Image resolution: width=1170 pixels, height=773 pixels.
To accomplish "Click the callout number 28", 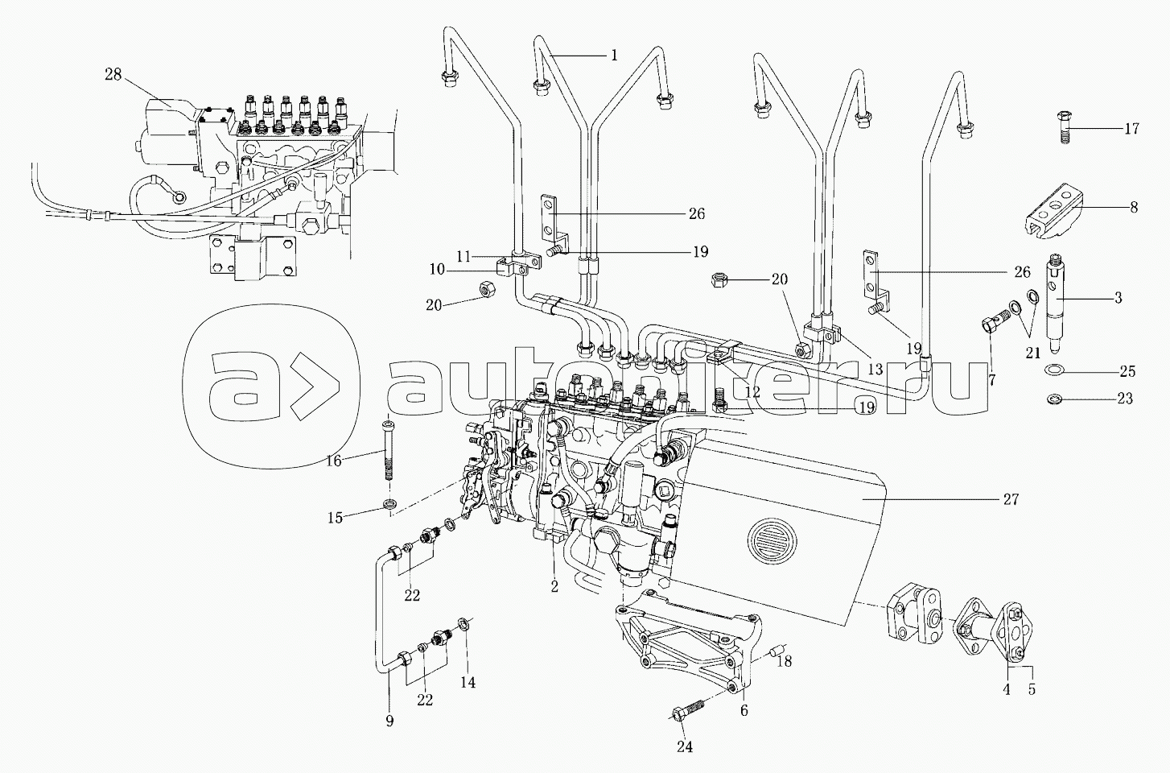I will pos(113,75).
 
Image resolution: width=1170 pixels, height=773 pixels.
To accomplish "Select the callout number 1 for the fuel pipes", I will pos(614,56).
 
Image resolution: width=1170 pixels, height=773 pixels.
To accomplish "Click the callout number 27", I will pos(1011,500).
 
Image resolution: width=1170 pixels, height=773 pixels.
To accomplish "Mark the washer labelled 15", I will pos(390,505).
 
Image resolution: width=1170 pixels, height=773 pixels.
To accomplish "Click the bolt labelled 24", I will pos(690,713).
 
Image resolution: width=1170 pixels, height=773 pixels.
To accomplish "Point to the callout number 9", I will pos(389,722).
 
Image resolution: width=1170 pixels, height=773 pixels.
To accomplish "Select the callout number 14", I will pos(468,682).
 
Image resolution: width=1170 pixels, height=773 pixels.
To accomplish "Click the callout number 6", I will pos(744,710).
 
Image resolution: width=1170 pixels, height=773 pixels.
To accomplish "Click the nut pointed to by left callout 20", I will pos(487,287).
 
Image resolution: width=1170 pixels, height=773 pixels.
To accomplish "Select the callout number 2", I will pos(554,587).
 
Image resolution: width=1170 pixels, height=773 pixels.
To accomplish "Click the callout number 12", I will pos(752,392).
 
